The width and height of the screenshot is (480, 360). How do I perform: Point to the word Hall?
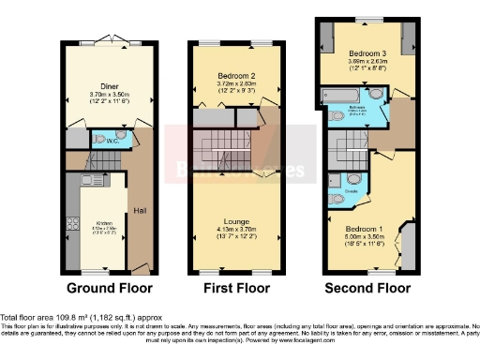coord(139,209)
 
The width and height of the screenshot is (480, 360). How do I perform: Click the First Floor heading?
coord(229,286)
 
